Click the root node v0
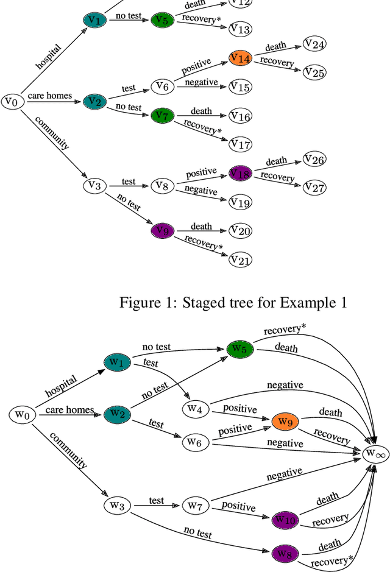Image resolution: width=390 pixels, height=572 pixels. click(12, 101)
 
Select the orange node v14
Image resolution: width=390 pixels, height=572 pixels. click(239, 58)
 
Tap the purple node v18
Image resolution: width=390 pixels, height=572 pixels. click(239, 174)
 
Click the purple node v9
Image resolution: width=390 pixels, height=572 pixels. click(161, 231)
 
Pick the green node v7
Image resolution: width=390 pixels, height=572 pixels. click(161, 115)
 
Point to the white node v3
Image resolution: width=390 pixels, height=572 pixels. click(94, 185)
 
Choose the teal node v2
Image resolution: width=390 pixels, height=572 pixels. click(94, 101)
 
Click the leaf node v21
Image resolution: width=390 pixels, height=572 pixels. click(240, 260)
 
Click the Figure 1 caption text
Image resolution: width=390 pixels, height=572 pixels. click(233, 302)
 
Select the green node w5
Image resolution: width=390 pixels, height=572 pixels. click(238, 349)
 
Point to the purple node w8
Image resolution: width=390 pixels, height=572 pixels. click(284, 554)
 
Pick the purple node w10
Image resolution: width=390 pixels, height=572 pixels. click(284, 520)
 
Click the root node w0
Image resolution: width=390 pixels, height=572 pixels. click(22, 415)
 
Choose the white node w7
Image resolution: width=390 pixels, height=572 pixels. click(194, 506)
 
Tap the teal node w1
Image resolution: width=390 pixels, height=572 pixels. click(116, 363)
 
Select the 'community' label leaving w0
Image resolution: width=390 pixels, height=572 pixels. click(68, 450)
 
